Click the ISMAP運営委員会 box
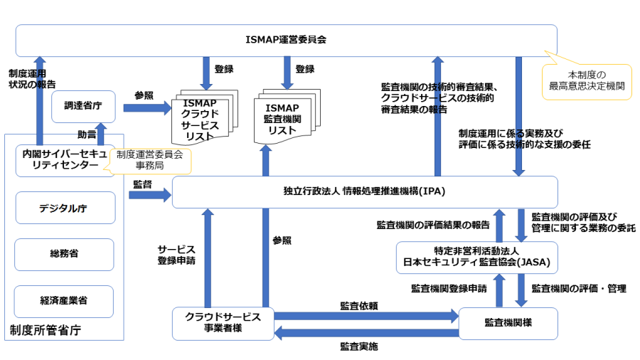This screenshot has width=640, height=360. coord(286,40)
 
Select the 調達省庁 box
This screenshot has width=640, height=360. coord(83,106)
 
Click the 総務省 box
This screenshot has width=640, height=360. coord(65,254)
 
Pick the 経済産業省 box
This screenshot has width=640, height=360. coord(65,300)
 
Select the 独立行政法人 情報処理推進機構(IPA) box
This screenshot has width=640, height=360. coord(364,192)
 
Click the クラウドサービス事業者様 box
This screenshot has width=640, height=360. coord(223,323)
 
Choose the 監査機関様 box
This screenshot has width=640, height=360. coord(508,323)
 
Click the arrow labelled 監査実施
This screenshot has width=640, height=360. coord(366,332)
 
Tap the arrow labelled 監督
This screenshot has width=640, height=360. coord(149,194)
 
